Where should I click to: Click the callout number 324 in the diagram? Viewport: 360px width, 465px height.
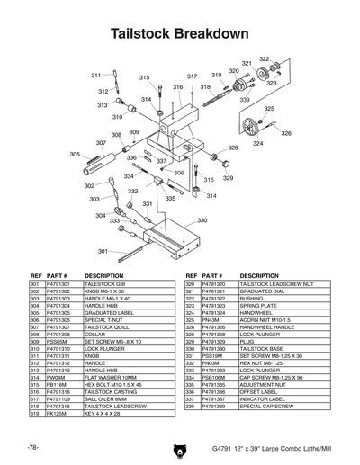(258, 143)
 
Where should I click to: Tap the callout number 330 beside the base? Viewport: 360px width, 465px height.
(202, 220)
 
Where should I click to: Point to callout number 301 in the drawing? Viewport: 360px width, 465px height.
(103, 251)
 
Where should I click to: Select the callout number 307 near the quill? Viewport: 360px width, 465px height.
(102, 142)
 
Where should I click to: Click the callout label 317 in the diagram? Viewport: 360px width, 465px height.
(192, 76)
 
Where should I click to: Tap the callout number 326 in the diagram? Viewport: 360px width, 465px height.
(286, 133)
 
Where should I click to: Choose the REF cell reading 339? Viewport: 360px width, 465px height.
(192, 407)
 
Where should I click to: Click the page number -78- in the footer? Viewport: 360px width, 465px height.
(32, 446)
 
